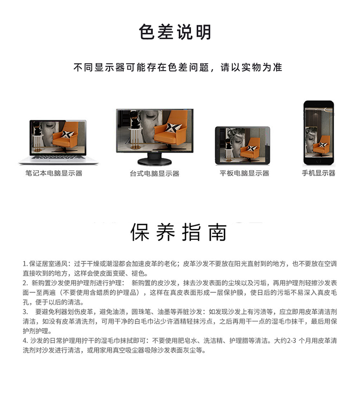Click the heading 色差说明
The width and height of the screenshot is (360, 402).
[x=175, y=32]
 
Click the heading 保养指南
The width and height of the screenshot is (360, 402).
[x=179, y=232]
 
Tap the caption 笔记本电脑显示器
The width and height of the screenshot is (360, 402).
[x=54, y=173]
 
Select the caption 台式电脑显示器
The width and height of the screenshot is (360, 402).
[x=155, y=173]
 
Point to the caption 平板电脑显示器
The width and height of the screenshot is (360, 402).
[x=244, y=173]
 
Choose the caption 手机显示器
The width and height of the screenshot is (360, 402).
[x=318, y=173]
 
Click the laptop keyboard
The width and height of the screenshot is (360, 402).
[x=59, y=157]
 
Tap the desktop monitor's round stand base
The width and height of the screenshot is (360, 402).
[x=155, y=161]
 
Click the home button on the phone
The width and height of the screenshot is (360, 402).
[x=318, y=161]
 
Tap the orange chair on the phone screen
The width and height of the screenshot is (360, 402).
[x=322, y=145]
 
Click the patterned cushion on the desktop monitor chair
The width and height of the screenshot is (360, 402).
[x=174, y=128]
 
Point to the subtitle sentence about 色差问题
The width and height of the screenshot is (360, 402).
[x=178, y=67]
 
